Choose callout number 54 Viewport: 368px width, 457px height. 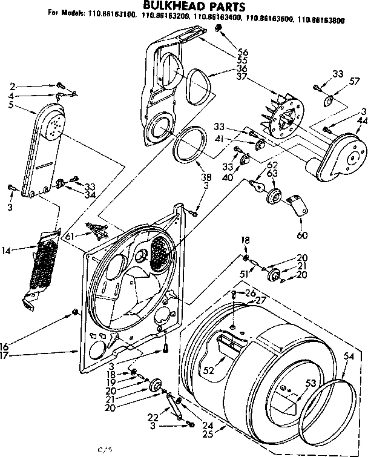point(348,358)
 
